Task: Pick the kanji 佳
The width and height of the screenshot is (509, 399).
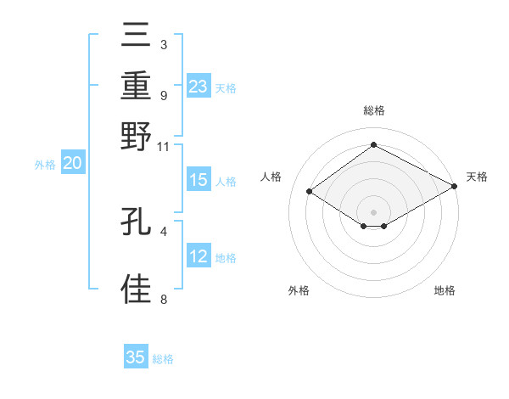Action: [x=137, y=289]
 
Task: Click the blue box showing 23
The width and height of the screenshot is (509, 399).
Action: [x=198, y=86]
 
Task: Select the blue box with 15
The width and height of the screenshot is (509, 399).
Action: [x=198, y=180]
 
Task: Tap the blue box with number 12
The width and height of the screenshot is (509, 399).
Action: [x=198, y=256]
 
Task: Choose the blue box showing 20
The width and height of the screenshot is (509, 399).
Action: [x=71, y=164]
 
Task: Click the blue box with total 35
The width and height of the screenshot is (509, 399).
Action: [x=135, y=357]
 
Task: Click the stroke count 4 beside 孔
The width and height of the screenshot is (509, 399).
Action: [x=163, y=230]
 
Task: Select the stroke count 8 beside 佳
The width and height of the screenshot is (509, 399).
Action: [x=163, y=299]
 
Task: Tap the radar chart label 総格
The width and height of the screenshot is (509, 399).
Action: [x=373, y=110]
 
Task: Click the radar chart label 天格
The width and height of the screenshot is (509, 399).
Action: [x=477, y=177]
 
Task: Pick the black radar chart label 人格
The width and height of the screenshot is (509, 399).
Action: [x=271, y=177]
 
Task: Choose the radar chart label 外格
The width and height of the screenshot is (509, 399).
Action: [x=298, y=291]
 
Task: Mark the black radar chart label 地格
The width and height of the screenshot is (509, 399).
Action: [x=445, y=291]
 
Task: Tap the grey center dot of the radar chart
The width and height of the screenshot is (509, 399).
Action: [x=373, y=211]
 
